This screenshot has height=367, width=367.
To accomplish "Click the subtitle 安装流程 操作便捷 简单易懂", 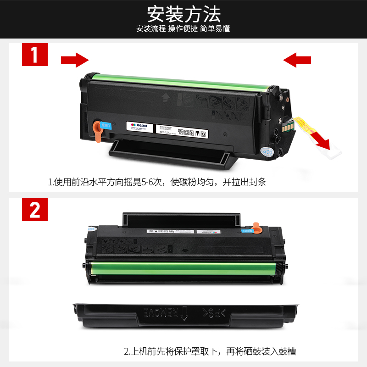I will (183, 28).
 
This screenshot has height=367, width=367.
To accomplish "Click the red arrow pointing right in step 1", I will (75, 60).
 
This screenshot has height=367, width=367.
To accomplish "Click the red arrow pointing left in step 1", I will (297, 60).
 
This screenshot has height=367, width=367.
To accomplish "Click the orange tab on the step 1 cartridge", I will (97, 131).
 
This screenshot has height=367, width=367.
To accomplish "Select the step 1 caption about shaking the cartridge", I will (157, 182).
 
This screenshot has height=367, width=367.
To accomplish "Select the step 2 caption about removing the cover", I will (210, 352).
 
